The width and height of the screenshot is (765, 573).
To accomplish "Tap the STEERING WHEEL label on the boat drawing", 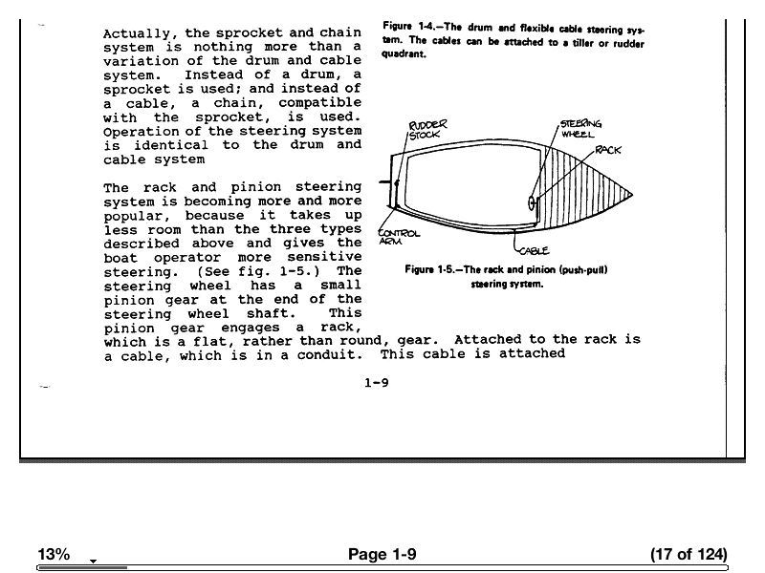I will (579, 129).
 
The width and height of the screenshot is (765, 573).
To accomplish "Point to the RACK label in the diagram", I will (608, 151).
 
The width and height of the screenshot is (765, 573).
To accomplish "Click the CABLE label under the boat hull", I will (533, 250).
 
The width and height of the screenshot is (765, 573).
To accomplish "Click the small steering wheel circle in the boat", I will (533, 202).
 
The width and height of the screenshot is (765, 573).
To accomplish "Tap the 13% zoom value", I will (54, 554).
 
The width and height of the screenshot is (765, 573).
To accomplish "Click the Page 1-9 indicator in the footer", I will (382, 554).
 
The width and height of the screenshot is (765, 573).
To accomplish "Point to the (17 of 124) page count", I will (688, 554).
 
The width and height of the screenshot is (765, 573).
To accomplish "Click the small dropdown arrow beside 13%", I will (93, 560).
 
